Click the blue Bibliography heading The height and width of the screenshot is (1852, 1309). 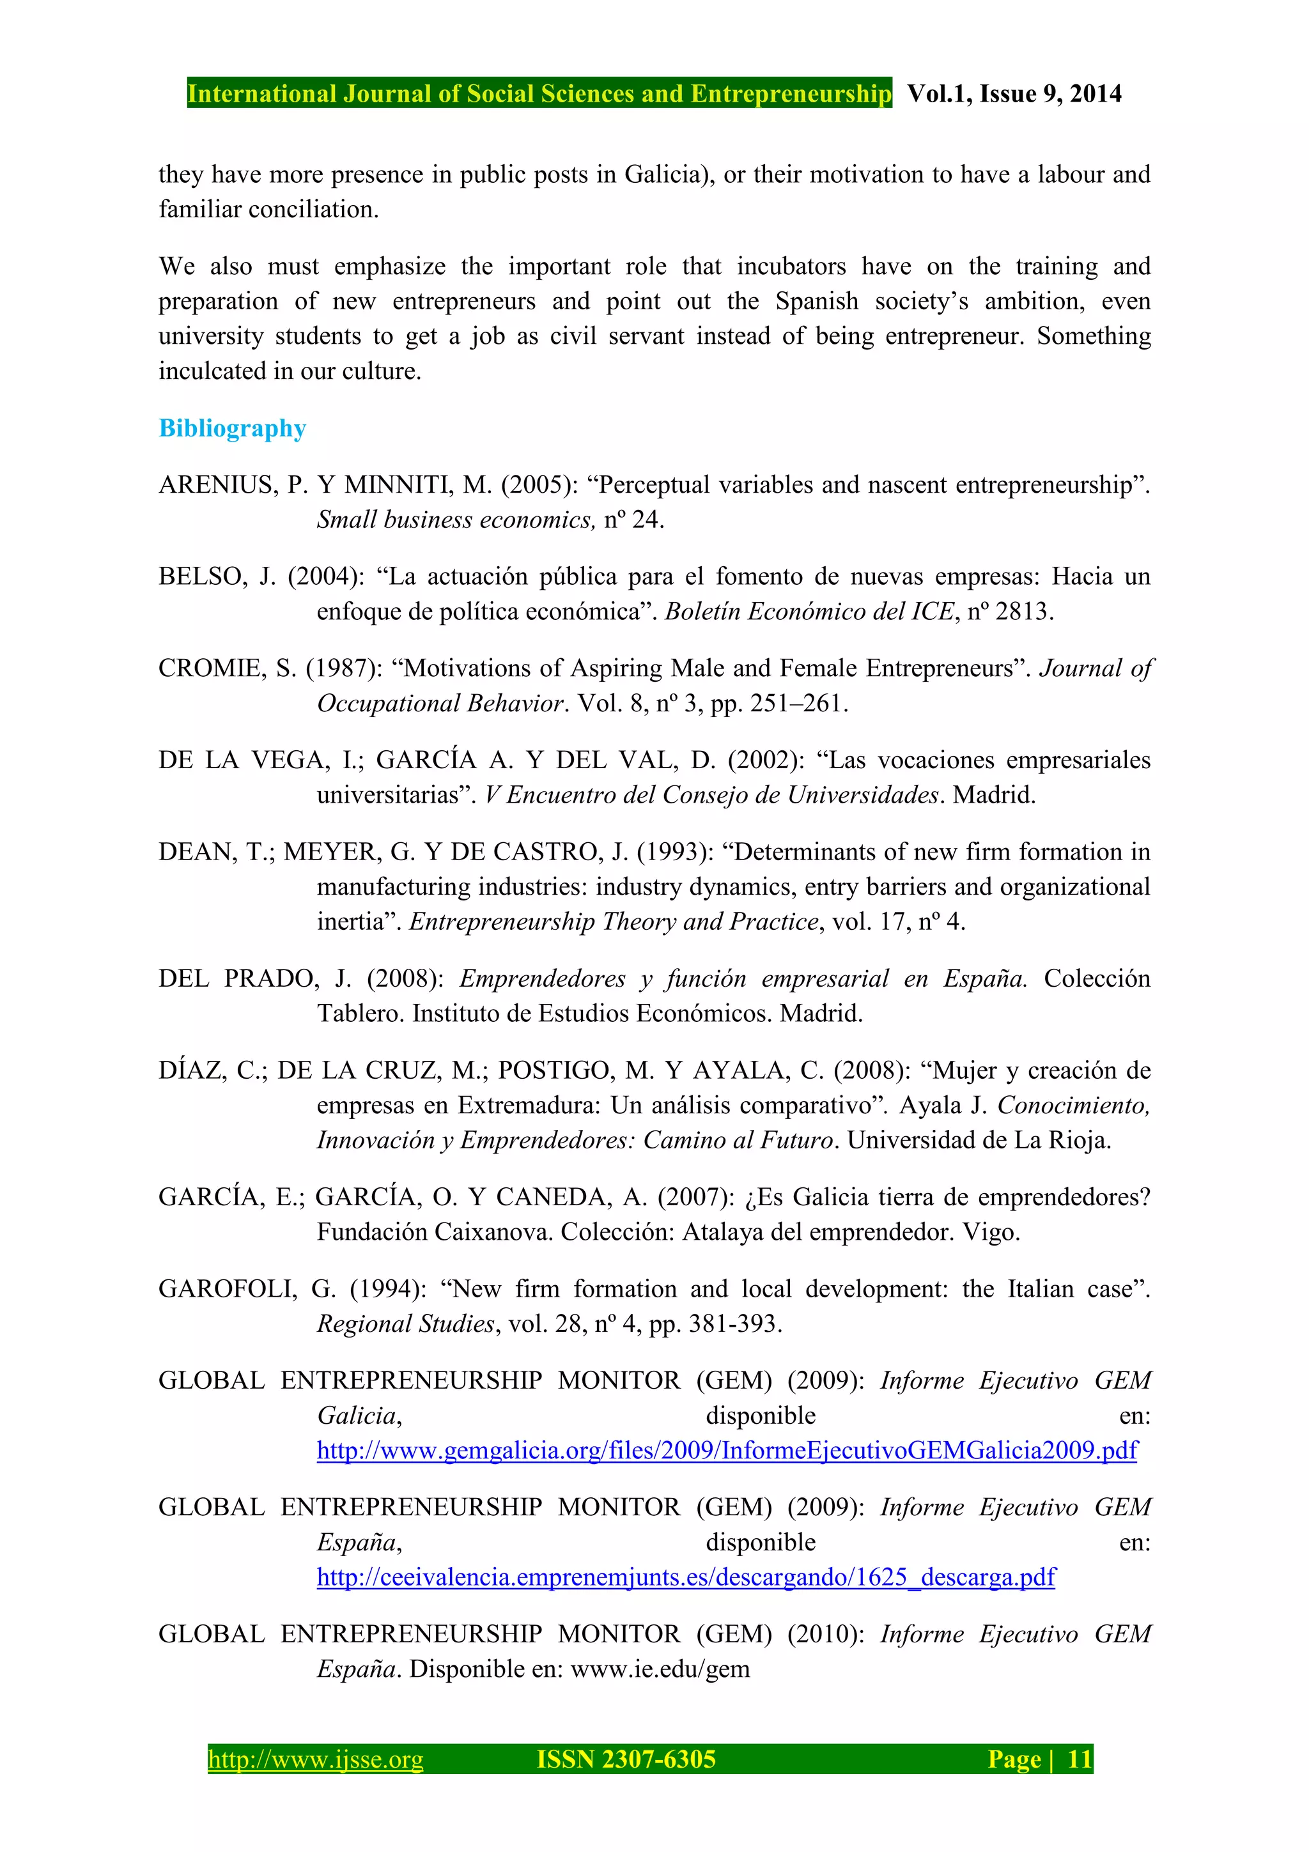point(232,428)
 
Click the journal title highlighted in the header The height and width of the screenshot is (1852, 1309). point(539,93)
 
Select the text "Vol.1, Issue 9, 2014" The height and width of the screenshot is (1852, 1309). point(1014,93)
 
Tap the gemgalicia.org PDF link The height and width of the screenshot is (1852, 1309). point(727,1450)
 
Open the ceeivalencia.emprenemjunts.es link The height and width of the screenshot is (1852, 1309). point(686,1577)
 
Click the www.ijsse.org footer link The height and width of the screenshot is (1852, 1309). point(315,1759)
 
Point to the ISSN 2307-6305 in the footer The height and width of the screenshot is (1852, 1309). point(626,1759)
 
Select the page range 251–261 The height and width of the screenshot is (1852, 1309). point(796,704)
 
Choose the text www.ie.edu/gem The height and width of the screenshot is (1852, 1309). point(660,1669)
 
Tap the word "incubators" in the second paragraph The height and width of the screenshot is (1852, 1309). point(791,266)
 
